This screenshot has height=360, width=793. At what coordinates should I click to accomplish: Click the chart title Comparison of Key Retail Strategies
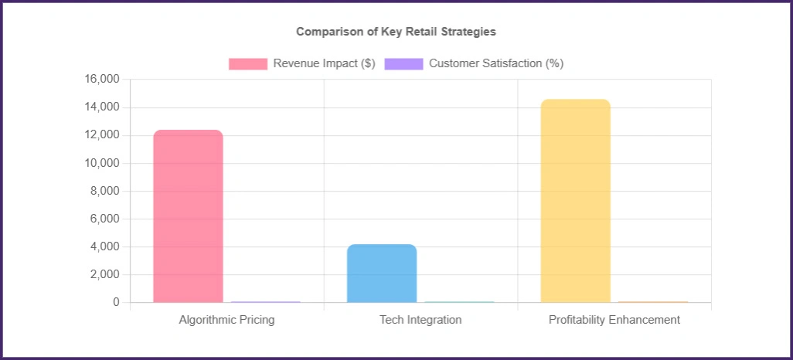coord(396,32)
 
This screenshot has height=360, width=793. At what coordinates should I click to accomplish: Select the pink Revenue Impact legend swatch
coord(247,63)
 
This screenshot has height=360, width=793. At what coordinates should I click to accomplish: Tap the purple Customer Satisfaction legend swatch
coord(403,63)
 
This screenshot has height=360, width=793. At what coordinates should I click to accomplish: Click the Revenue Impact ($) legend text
coord(324,63)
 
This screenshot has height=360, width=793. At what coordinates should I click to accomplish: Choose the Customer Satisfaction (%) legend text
coord(495,63)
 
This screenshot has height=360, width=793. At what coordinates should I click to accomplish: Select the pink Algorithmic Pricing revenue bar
coord(188,216)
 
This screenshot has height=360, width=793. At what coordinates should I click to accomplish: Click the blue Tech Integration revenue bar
coord(382,273)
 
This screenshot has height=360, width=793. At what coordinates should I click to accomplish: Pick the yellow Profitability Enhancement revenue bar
coord(575,201)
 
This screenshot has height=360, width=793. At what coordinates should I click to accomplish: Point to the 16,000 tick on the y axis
coord(101,80)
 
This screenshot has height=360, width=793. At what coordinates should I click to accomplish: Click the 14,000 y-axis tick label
coord(101,107)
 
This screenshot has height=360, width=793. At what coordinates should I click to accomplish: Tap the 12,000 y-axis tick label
coord(101,135)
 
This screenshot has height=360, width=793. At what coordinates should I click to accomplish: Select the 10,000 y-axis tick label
coord(101,163)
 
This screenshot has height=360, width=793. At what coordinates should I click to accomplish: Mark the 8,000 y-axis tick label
coord(104,191)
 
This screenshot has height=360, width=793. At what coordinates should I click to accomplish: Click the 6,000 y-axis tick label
coord(104,219)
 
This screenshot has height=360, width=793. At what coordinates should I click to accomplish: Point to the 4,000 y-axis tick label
coord(104,246)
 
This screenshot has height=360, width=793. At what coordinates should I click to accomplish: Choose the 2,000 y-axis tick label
coord(104,274)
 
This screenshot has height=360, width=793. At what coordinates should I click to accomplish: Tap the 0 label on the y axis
coord(116,302)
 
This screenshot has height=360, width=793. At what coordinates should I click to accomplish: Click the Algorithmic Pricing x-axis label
coord(226,320)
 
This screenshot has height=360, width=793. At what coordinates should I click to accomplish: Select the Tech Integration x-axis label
coord(420,320)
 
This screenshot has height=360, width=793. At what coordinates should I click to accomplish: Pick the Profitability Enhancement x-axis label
coord(614,320)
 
